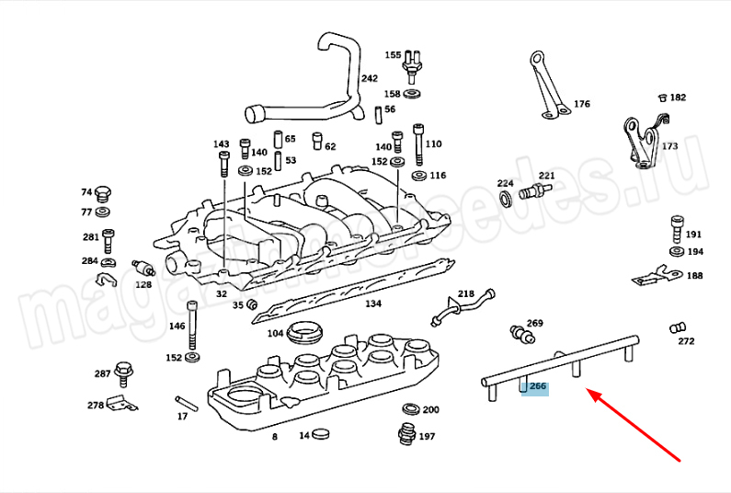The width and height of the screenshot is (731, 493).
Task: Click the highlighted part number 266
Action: coord(537,387)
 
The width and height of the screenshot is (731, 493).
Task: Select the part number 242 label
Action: coord(369,78)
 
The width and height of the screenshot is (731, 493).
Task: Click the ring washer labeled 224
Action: coord(506,200)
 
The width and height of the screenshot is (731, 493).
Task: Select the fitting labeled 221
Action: coord(533,193)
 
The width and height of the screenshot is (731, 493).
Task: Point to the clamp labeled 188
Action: coord(656,275)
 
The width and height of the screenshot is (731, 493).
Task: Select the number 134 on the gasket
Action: coord(372,303)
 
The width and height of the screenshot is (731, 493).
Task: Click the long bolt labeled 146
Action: coord(192,323)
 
